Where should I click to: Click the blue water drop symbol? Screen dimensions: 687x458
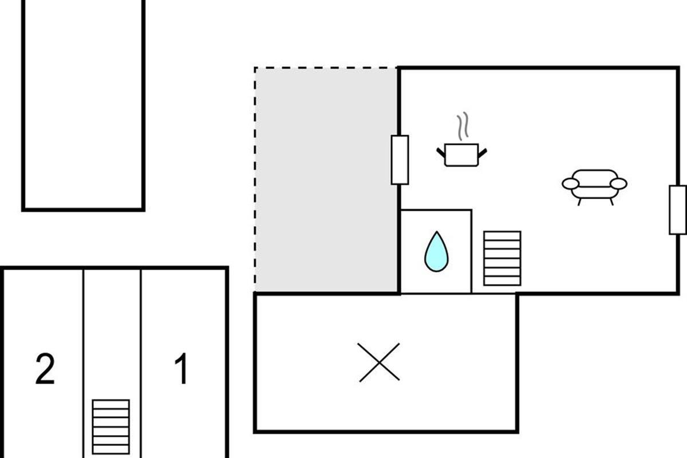click(436, 252)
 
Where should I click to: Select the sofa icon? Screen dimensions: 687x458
click(594, 187)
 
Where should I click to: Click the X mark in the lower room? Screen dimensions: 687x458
click(379, 362)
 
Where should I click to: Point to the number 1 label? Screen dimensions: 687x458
click(181, 368)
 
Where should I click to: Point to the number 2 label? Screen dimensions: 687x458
click(45, 369)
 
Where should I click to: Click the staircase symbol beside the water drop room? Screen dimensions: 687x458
click(502, 258)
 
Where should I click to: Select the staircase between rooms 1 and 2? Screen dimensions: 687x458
click(110, 427)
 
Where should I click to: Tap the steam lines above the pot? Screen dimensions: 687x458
click(463, 126)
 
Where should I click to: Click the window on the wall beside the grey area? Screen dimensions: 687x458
click(400, 160)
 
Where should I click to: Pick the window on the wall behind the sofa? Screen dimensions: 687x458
click(677, 210)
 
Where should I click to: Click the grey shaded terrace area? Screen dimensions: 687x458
click(326, 179)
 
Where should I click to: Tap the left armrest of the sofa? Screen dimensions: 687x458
click(570, 184)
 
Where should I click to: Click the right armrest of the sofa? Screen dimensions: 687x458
click(618, 184)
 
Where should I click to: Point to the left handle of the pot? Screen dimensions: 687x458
click(441, 152)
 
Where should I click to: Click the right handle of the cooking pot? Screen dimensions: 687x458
click(483, 152)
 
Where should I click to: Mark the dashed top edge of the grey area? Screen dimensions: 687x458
click(326, 68)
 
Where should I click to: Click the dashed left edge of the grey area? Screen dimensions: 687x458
click(255, 179)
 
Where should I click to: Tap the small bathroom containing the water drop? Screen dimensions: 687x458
click(436, 251)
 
